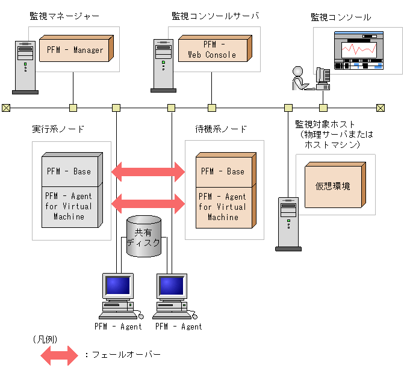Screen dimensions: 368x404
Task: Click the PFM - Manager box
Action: tap(75, 49)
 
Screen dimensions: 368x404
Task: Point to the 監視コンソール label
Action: tap(341, 17)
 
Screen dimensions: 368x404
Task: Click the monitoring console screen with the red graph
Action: tap(359, 53)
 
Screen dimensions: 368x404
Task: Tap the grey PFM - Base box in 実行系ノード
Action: tap(69, 171)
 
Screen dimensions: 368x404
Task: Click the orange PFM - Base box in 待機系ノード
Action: tap(223, 171)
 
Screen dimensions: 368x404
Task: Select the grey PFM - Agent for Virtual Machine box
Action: tap(69, 206)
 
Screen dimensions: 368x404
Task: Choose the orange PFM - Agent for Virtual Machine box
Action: tap(223, 206)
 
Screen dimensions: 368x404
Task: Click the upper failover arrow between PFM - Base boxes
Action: tap(149, 171)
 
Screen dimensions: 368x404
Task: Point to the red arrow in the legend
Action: tap(59, 355)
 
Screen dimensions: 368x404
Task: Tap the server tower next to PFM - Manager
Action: tap(25, 66)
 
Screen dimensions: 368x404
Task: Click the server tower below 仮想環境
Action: tap(288, 222)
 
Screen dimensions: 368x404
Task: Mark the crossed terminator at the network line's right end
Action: tap(380, 108)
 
